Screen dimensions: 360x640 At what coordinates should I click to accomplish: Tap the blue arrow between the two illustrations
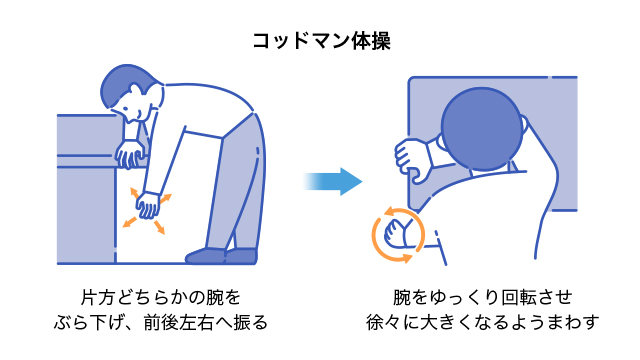pyautogui.click(x=333, y=181)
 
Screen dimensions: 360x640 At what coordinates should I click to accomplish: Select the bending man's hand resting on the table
pyautogui.click(x=129, y=153)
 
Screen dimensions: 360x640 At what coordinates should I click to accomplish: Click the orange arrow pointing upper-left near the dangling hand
pyautogui.click(x=132, y=189)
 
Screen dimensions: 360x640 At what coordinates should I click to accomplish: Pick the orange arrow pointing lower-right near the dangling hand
pyautogui.click(x=160, y=229)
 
